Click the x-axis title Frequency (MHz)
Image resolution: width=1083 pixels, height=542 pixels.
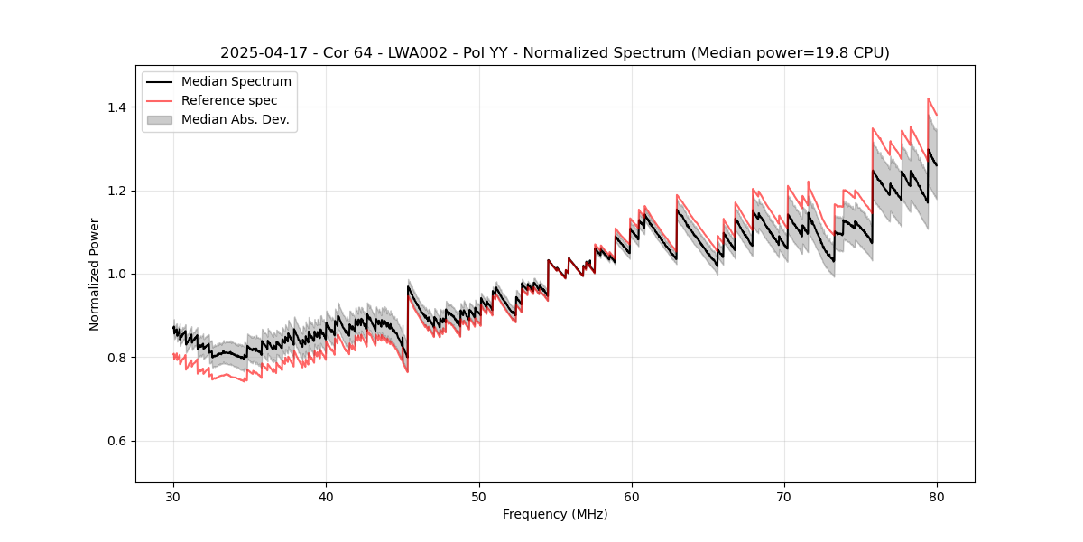(x=555, y=514)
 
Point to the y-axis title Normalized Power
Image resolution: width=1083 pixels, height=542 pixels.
(x=95, y=274)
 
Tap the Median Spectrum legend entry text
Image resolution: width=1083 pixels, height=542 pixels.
(x=236, y=82)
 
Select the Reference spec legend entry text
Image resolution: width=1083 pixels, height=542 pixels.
(x=229, y=100)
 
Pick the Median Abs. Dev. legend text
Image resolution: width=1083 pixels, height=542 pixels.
(x=235, y=119)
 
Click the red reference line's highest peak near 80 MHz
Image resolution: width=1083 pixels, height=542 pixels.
(x=928, y=98)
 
